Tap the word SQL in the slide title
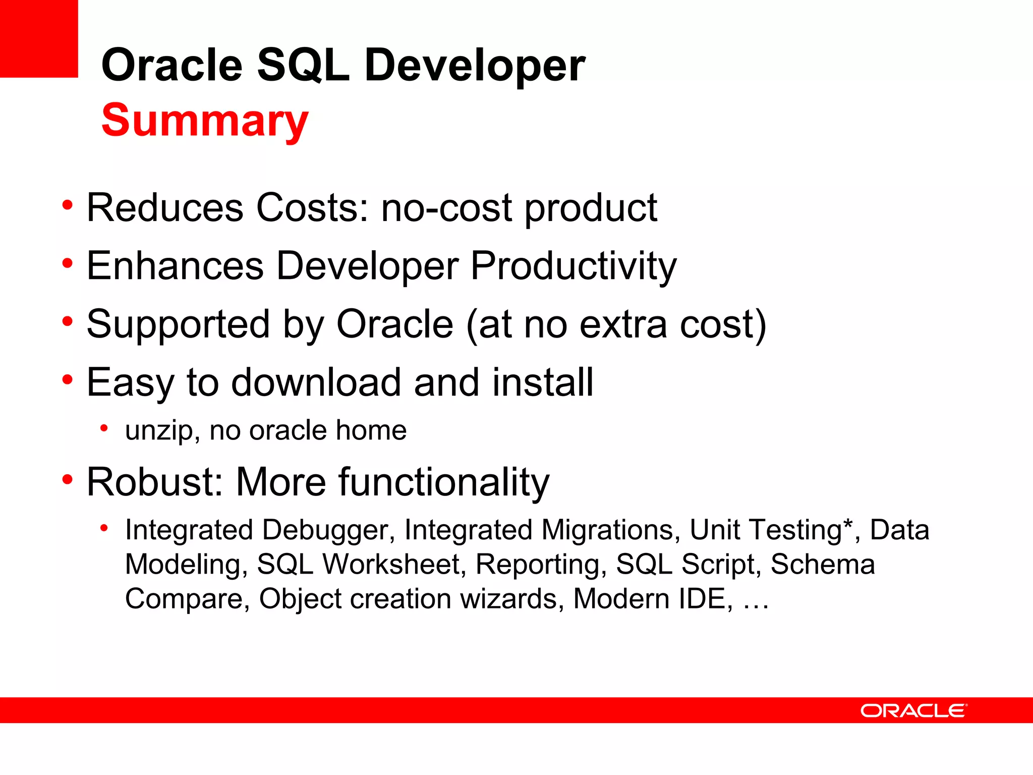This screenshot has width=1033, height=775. click(303, 66)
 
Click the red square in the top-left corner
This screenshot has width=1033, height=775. click(39, 38)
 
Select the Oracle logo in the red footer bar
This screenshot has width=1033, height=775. click(913, 711)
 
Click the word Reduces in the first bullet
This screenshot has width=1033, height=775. click(165, 208)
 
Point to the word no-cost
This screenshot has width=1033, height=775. click(446, 208)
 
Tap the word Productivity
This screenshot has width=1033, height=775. click(573, 266)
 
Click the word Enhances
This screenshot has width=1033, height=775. click(175, 266)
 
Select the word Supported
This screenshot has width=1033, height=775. click(178, 324)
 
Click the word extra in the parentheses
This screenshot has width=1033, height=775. click(623, 324)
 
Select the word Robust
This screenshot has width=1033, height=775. click(150, 482)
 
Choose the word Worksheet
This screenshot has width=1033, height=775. click(391, 565)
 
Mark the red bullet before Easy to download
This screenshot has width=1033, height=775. click(68, 379)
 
